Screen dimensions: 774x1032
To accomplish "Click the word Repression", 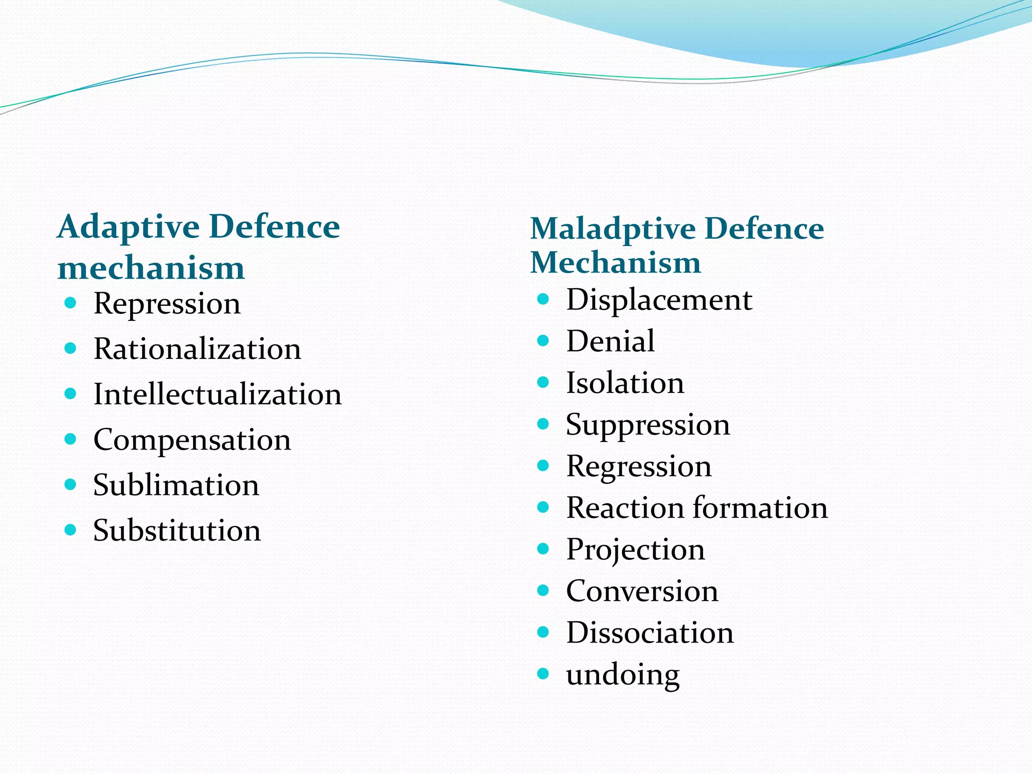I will [x=167, y=304].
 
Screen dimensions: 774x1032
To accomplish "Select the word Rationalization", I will [x=197, y=349].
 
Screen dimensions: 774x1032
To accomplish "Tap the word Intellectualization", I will [x=217, y=394].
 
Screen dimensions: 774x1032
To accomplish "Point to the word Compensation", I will [x=192, y=440].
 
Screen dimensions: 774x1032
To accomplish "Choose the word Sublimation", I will [x=176, y=485].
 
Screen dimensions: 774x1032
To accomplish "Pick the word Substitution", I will [x=177, y=530].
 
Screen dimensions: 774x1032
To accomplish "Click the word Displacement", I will [x=659, y=300].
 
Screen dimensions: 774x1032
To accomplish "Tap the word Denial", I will [x=610, y=341].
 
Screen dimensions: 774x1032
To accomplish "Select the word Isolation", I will [x=625, y=383].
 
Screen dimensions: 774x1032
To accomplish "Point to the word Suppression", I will [x=648, y=425].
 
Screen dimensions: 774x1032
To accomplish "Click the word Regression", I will [x=638, y=466].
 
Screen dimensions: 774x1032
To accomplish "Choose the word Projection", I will [x=635, y=549].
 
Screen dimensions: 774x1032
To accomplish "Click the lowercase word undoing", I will [x=622, y=675].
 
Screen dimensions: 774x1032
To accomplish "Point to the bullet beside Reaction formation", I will [x=543, y=507].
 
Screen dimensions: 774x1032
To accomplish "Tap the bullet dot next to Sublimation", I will [x=71, y=485].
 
